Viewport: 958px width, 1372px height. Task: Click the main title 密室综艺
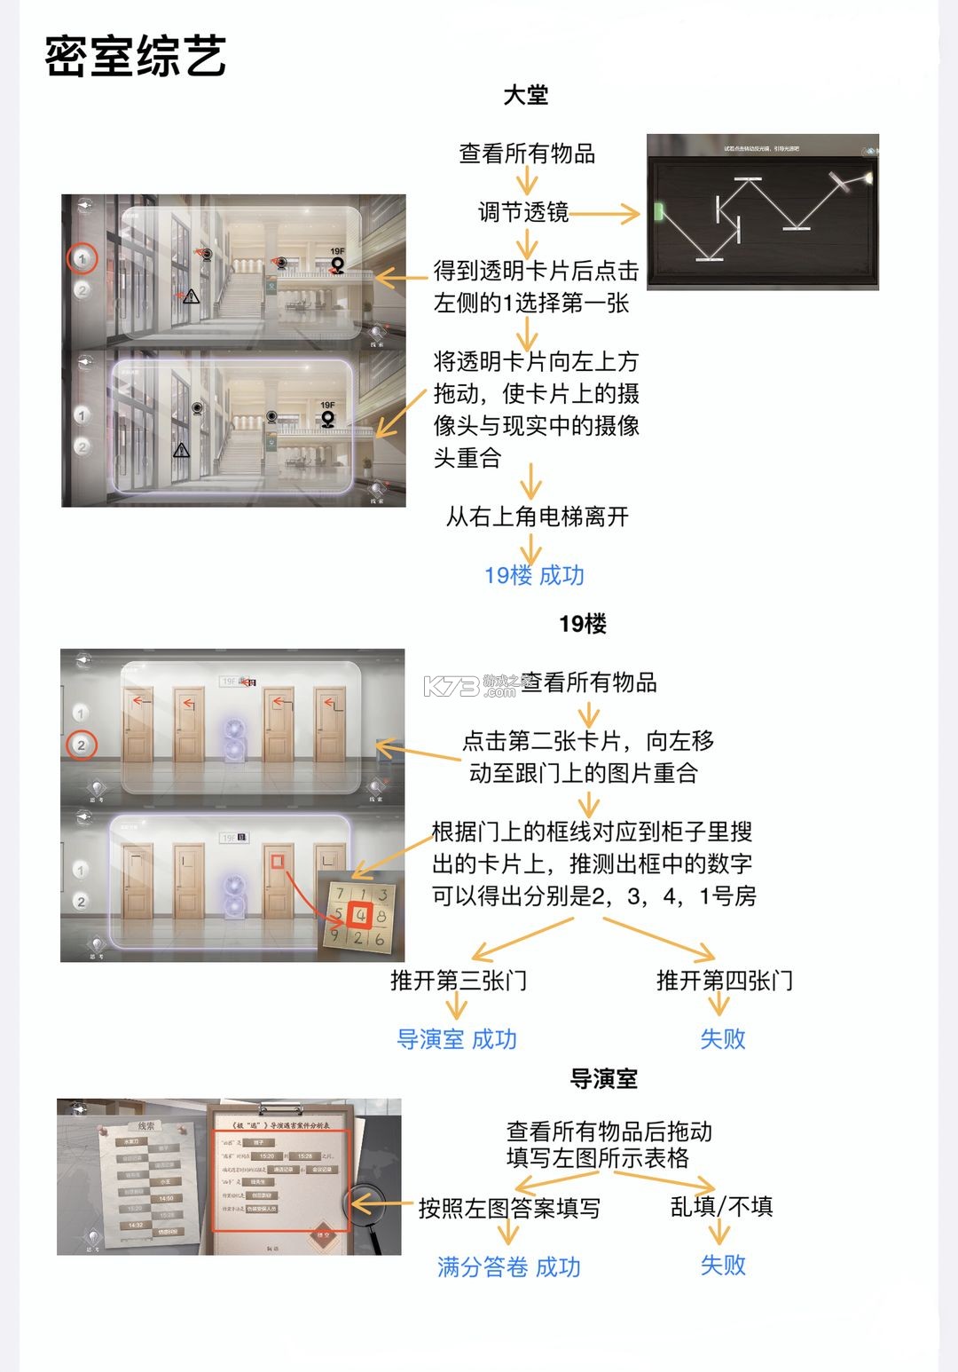point(136,56)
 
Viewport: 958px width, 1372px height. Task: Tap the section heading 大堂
point(525,96)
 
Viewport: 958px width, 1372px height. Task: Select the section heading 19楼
point(582,624)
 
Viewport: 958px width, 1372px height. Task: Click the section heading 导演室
point(603,1079)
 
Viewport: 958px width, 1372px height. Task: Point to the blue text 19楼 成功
point(534,575)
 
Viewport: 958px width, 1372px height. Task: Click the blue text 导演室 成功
point(456,1039)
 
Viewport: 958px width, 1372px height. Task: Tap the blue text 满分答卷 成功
point(508,1266)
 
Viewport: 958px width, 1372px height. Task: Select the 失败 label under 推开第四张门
point(722,1039)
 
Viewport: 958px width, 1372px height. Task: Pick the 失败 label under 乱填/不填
point(722,1265)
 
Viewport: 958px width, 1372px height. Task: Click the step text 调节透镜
point(523,212)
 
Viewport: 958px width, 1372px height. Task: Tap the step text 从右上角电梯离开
point(537,516)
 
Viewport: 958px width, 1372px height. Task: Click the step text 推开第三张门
point(459,981)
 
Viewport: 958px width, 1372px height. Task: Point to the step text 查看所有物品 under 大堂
point(527,154)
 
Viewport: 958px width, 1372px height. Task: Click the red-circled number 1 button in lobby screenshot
point(82,258)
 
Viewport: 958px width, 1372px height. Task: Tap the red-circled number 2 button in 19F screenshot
point(81,745)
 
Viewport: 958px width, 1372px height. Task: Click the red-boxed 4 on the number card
point(360,915)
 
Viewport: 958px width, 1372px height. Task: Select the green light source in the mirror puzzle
point(659,211)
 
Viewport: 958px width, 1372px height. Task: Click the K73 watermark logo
point(452,686)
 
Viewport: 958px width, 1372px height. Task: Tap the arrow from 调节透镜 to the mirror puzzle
point(605,213)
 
